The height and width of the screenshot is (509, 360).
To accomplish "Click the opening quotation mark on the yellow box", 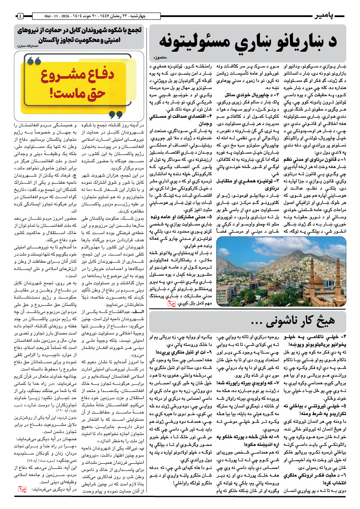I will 34,62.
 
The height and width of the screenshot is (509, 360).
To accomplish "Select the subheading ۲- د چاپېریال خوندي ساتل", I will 228,93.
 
